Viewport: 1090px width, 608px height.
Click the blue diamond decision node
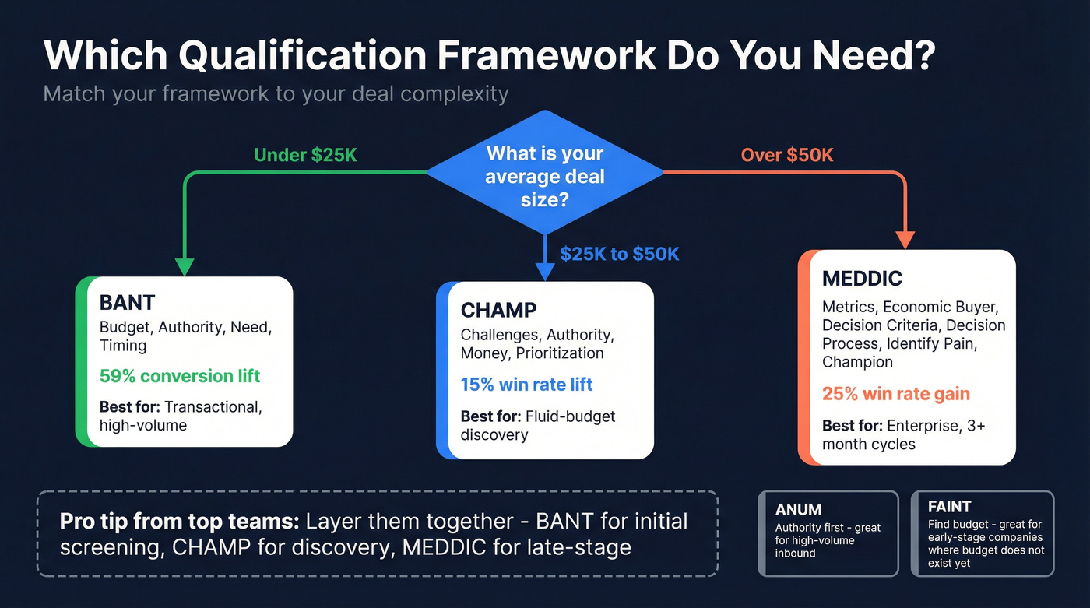pyautogui.click(x=544, y=173)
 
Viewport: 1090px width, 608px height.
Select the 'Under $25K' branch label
pyautogui.click(x=305, y=155)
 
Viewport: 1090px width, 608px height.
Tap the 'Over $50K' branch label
pyautogui.click(x=786, y=155)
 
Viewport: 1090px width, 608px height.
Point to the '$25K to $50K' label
pyautogui.click(x=619, y=255)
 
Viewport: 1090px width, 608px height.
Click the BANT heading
pyautogui.click(x=128, y=303)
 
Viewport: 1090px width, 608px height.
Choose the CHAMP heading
pyautogui.click(x=498, y=311)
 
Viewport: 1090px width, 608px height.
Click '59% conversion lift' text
pyautogui.click(x=180, y=377)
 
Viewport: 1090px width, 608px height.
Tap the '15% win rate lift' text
pyautogui.click(x=526, y=385)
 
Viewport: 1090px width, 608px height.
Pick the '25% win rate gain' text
pyautogui.click(x=896, y=393)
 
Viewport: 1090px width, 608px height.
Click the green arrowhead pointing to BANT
pyautogui.click(x=184, y=267)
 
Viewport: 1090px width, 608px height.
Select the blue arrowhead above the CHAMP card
pyautogui.click(x=545, y=272)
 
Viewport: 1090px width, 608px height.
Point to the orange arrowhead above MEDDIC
pyautogui.click(x=906, y=240)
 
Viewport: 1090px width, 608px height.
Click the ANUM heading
pyautogui.click(x=798, y=510)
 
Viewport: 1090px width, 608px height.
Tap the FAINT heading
pyautogui.click(x=949, y=507)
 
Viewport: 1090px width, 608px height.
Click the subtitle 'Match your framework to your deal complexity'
pyautogui.click(x=276, y=94)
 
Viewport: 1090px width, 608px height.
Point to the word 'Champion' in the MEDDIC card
pyautogui.click(x=857, y=362)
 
